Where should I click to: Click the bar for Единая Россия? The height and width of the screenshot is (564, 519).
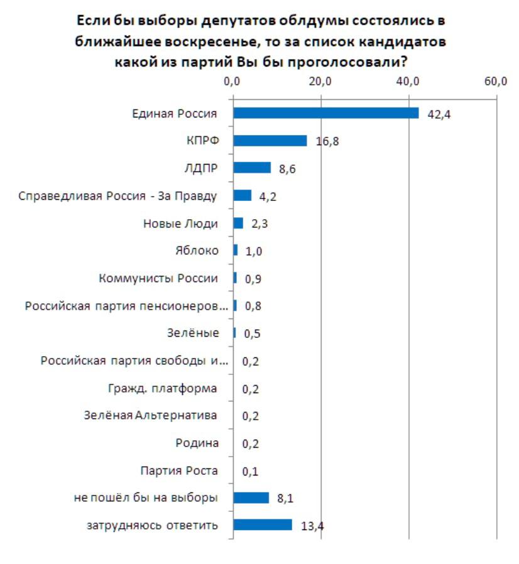click(325, 113)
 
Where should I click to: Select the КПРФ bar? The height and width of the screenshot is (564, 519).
click(270, 141)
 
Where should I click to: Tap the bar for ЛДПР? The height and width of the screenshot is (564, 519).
click(252, 168)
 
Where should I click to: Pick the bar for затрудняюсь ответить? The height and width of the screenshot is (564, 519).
click(263, 525)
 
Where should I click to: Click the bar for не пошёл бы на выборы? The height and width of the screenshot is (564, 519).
click(251, 498)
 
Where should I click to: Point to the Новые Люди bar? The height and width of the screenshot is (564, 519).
click(238, 223)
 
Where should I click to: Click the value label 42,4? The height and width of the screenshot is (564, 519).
click(440, 115)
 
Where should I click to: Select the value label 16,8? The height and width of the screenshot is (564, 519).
click(327, 142)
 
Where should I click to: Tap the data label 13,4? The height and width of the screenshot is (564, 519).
click(312, 526)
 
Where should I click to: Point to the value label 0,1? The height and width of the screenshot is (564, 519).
click(251, 472)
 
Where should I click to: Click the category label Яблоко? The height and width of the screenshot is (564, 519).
click(197, 251)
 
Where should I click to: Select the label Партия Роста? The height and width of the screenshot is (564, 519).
click(180, 470)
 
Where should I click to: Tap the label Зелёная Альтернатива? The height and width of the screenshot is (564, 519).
click(151, 416)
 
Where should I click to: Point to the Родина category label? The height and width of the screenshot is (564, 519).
click(197, 443)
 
